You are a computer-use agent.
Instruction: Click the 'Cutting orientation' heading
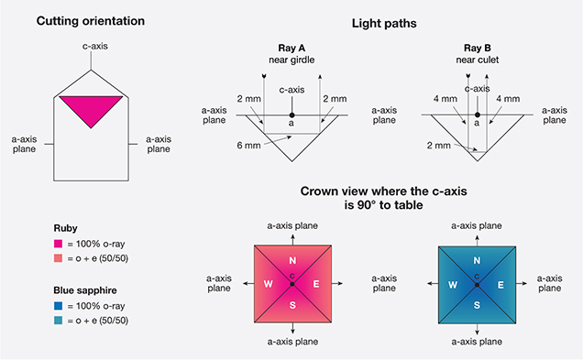[91, 21]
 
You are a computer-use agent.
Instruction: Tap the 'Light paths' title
[384, 24]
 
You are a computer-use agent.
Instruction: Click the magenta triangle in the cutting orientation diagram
[91, 108]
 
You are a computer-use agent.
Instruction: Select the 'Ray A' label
[291, 48]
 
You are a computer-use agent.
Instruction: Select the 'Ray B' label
[477, 48]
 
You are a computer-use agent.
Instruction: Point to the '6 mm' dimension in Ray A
[248, 146]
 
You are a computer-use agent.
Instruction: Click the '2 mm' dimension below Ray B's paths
[439, 146]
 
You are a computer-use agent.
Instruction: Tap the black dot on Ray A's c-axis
[291, 115]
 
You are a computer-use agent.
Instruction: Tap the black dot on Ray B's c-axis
[478, 115]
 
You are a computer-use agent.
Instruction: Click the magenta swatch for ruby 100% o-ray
[58, 244]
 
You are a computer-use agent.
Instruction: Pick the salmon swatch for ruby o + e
[58, 258]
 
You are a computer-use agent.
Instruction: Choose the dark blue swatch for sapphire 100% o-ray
[58, 306]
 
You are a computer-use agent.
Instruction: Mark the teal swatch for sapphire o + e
[58, 321]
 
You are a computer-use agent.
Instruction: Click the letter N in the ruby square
[292, 260]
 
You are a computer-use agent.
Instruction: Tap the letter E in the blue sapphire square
[500, 285]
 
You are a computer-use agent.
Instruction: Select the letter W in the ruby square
[268, 284]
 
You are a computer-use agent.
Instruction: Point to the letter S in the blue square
[477, 305]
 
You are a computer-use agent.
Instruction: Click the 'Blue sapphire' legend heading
[85, 290]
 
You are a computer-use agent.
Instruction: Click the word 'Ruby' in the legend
[65, 228]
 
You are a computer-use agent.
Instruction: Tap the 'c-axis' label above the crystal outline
[95, 46]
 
